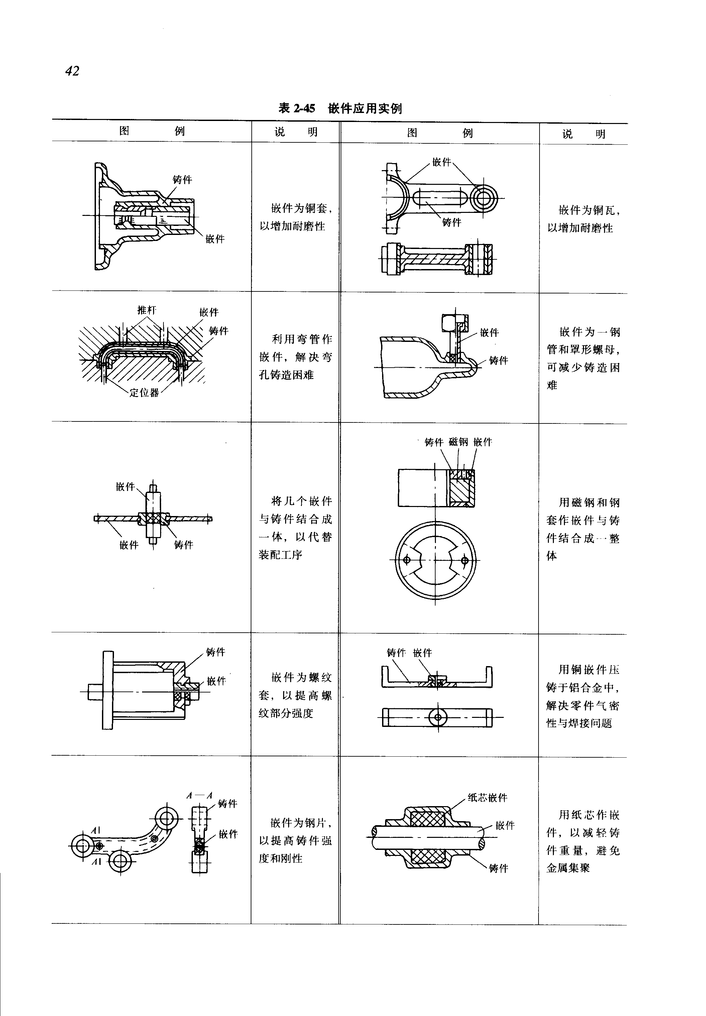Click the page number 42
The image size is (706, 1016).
(72, 71)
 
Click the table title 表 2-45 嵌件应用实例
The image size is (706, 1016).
(340, 108)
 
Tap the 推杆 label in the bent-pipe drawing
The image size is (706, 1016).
(147, 310)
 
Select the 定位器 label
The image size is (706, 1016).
(144, 393)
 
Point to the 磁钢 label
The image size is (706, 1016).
(458, 442)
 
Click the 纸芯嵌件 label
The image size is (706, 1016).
(487, 797)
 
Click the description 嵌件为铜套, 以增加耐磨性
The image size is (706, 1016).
(296, 217)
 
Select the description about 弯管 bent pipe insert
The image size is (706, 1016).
(296, 357)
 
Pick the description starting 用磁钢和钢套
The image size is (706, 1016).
(583, 529)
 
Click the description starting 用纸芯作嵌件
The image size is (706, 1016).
(583, 841)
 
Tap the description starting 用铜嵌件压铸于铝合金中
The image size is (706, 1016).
(583, 696)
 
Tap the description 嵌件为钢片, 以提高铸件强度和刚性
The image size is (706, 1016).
(296, 841)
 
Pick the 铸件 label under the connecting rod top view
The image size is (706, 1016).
(452, 223)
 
